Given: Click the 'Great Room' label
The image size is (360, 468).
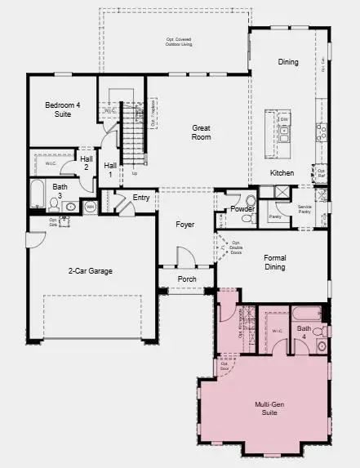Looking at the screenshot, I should coord(202,132).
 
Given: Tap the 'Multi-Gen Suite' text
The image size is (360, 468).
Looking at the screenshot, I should coord(269,409).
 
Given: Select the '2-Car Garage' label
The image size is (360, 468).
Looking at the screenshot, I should coord(90,270).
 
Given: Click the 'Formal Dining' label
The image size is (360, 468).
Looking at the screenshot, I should coord(275,261).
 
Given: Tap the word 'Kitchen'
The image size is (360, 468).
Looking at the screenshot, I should coord(282,172).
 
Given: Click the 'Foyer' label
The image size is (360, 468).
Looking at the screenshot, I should coord(185,224).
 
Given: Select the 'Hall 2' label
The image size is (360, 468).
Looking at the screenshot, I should coord(86,162).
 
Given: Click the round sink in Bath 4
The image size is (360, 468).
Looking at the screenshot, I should coord(321,345).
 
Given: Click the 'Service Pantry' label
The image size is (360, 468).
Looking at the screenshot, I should coord(305,208).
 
